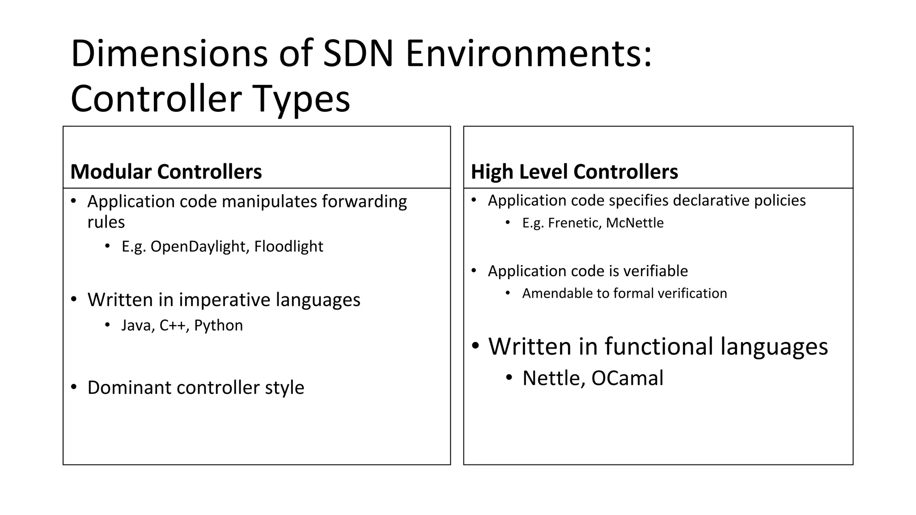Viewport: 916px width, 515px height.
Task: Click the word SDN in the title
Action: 358,54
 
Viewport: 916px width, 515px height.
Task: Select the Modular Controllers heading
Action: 166,172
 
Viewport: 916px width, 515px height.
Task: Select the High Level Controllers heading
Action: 574,172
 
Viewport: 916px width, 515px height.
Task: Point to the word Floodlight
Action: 288,246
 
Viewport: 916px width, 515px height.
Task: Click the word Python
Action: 218,325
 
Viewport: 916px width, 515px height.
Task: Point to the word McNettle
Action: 635,223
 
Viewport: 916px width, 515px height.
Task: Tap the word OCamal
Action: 627,378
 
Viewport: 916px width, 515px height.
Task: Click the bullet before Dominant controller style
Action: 74,387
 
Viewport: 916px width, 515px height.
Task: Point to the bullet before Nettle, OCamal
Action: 509,378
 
